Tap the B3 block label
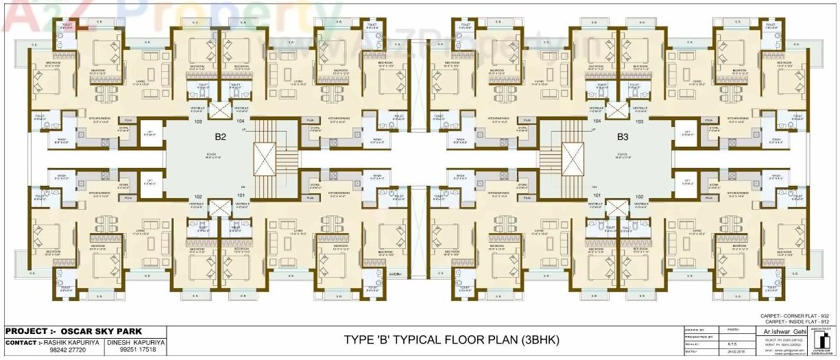point(621,136)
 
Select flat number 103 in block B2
point(198,121)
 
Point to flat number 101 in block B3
point(597,195)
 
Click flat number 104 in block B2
point(241,121)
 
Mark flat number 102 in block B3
point(639,195)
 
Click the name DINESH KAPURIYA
point(136,341)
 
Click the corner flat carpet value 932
point(825,315)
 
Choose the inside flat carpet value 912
point(825,321)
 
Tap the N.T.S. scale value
point(722,344)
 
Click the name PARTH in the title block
point(722,331)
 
